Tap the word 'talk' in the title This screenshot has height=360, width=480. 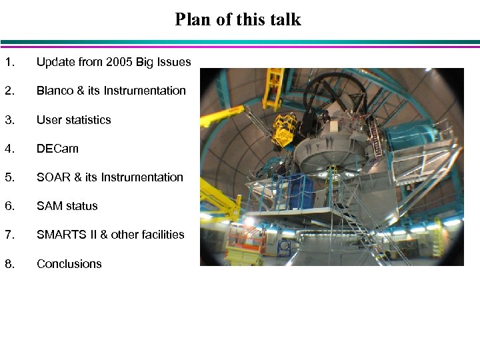pyautogui.click(x=285, y=19)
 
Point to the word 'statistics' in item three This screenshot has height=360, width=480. pyautogui.click(x=87, y=120)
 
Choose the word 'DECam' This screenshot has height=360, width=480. pyautogui.click(x=57, y=149)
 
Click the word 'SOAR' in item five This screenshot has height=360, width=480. pyautogui.click(x=53, y=177)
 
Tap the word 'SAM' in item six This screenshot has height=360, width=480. pyautogui.click(x=49, y=206)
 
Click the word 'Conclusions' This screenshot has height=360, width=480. pyautogui.click(x=69, y=264)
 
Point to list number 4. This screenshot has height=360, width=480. pyautogui.click(x=9, y=149)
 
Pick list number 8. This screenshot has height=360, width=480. pyautogui.click(x=9, y=264)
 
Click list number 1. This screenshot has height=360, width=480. pyautogui.click(x=9, y=62)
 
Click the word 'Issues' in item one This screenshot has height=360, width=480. pyautogui.click(x=175, y=62)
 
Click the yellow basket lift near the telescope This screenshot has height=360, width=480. pyautogui.click(x=285, y=129)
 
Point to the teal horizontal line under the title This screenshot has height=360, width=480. pyautogui.click(x=240, y=42)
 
